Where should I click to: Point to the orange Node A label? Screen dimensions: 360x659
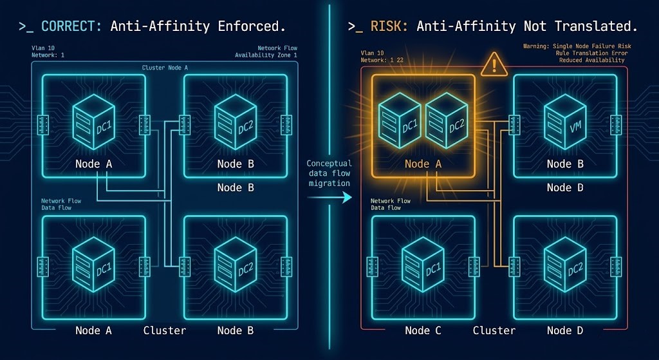(423, 164)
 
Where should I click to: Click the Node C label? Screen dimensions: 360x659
(423, 330)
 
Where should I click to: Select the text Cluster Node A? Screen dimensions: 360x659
(165, 68)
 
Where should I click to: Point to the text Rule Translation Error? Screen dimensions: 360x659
(590, 53)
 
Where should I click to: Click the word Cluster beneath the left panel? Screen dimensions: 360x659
(164, 330)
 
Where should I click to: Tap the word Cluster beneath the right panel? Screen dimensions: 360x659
(494, 330)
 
